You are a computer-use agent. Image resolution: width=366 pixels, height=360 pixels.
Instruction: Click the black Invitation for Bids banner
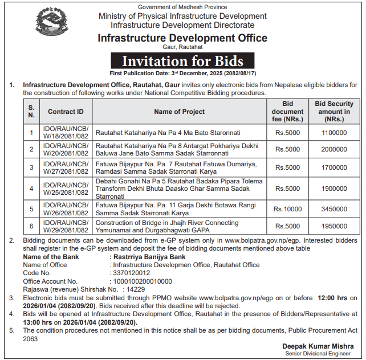pos(182,61)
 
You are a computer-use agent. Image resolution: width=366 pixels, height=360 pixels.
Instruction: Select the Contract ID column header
pos(66,112)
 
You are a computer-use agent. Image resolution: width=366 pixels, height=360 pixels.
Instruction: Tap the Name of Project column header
pos(180,112)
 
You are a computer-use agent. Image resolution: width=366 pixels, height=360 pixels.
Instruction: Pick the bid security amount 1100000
pos(334,133)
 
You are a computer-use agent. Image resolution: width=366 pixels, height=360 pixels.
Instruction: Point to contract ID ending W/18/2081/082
pos(66,133)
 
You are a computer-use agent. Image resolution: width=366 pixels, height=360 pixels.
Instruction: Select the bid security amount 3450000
pos(334,209)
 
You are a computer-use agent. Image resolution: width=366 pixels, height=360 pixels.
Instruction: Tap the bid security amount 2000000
pos(334,150)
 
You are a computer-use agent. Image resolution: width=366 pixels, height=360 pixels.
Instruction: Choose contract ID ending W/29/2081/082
pos(66,226)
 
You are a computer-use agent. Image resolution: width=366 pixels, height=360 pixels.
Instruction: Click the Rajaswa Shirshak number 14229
pos(136,289)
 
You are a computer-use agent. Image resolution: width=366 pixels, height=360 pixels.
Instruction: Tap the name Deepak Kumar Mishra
pos(318,346)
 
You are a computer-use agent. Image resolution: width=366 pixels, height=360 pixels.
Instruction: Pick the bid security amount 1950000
pos(334,226)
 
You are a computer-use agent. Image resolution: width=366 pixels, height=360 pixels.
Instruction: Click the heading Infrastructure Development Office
pos(182,38)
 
